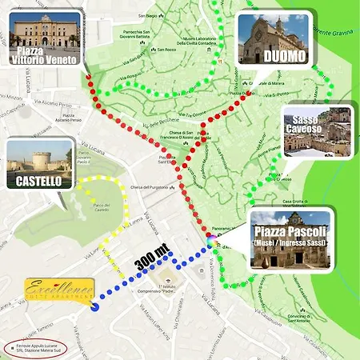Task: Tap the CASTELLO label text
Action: click(38, 182)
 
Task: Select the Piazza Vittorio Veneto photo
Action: click(46, 30)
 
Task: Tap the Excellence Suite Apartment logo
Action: click(59, 288)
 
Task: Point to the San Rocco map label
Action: click(166, 50)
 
